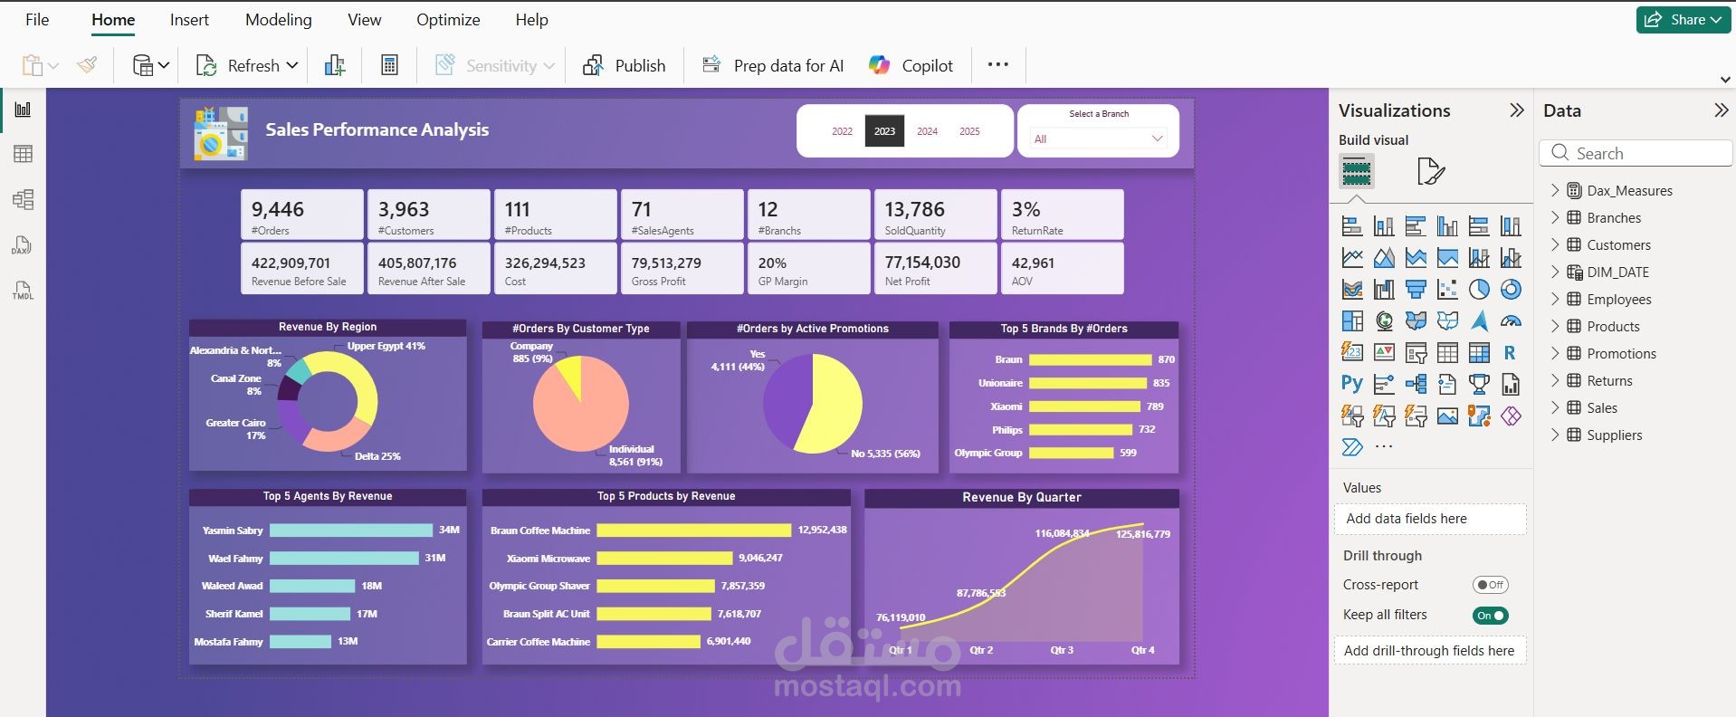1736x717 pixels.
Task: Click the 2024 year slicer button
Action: click(927, 131)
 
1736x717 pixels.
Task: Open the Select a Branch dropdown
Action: click(1098, 139)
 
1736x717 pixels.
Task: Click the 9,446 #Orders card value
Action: click(278, 209)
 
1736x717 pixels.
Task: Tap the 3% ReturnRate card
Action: click(1063, 215)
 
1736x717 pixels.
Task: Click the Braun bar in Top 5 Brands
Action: click(1091, 359)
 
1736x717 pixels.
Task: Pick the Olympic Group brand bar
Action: click(1071, 453)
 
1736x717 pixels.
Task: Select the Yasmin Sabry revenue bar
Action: click(351, 531)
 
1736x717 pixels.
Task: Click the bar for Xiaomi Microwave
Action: click(664, 559)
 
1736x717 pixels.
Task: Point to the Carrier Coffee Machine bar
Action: click(649, 642)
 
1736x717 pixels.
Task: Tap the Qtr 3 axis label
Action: click(1062, 650)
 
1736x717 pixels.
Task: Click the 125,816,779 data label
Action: click(1143, 534)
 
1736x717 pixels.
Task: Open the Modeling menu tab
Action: click(279, 20)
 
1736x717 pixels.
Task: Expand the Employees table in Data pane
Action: click(1555, 299)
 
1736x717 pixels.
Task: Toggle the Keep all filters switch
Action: click(1491, 616)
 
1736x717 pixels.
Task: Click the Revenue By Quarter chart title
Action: click(1022, 497)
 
